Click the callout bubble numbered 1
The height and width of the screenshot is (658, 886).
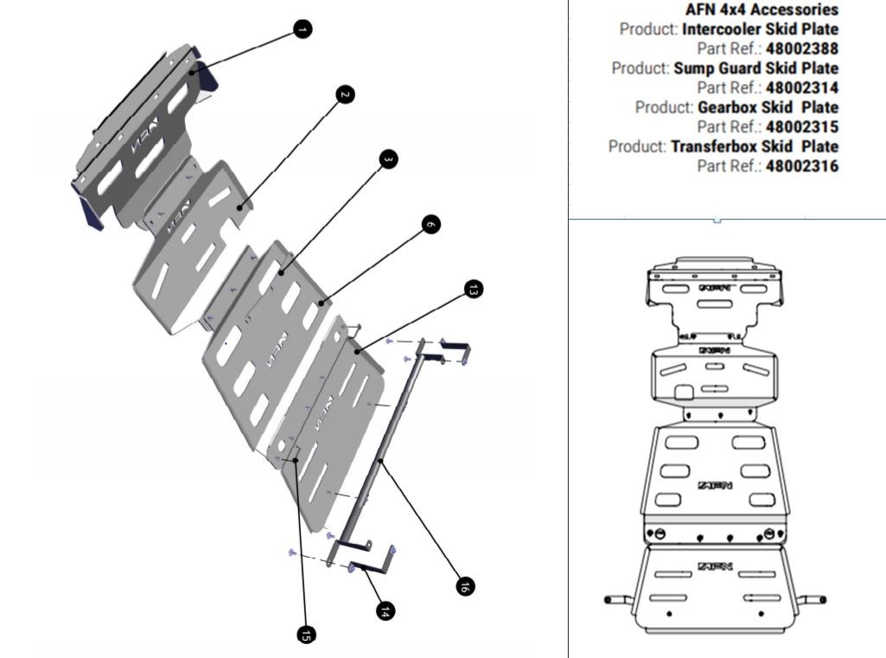301,29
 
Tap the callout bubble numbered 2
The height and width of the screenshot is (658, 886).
345,94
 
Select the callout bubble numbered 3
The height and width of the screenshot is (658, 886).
388,159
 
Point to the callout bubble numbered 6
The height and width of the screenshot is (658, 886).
431,224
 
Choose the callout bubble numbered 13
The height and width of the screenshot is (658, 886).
472,290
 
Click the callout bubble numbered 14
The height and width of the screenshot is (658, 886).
386,610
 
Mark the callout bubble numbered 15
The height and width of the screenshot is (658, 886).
305,634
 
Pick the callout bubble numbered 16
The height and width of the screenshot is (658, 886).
464,586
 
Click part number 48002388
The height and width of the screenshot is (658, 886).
801,48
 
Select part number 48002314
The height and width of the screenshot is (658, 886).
801,87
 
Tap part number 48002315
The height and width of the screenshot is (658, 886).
801,127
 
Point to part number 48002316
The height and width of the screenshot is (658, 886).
801,166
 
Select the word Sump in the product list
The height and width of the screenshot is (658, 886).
694,68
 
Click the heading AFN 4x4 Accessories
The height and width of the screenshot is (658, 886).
761,10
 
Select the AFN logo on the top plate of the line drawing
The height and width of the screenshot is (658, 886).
714,284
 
